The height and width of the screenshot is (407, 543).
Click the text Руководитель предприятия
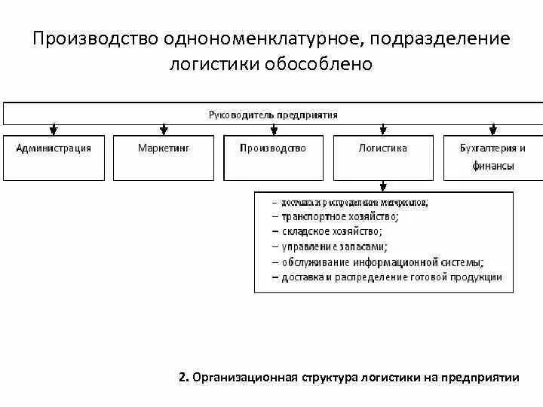point(273,115)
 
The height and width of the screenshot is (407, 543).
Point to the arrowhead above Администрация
point(54,130)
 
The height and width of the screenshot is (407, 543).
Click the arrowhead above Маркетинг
point(164,130)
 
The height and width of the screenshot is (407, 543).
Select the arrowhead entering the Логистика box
point(383,130)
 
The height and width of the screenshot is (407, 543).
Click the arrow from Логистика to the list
point(383,186)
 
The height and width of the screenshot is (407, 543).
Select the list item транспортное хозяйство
point(340,216)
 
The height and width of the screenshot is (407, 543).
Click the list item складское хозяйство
point(333,231)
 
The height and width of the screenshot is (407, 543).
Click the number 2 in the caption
point(183,378)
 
